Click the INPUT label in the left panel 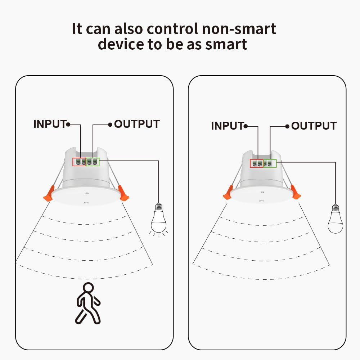[50, 124]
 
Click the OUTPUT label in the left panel [137, 124]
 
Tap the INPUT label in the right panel [227, 126]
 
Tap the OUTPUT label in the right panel [314, 126]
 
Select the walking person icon [88, 303]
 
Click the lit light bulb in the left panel [159, 219]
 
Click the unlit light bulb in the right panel [336, 219]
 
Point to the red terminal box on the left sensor [79, 162]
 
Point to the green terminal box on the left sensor [93, 162]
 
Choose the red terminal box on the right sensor [257, 163]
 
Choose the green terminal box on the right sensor [270, 163]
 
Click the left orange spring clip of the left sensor [49, 194]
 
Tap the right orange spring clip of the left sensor [123, 193]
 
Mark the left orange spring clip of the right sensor [228, 192]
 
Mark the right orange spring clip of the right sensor [296, 192]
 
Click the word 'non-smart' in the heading [239, 29]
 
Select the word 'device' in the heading [121, 44]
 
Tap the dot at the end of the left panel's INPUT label [68, 125]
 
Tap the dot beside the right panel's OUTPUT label [287, 126]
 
